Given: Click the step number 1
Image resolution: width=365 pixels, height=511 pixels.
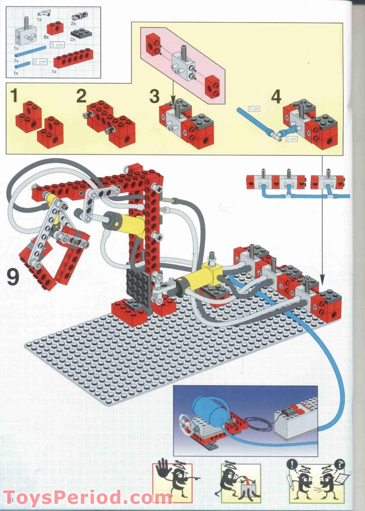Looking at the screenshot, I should click(x=14, y=96).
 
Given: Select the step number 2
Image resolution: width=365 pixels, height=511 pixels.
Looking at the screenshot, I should click(x=81, y=96).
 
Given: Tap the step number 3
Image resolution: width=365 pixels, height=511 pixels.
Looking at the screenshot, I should click(x=154, y=96).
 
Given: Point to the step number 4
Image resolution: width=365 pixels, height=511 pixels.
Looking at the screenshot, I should click(x=276, y=97).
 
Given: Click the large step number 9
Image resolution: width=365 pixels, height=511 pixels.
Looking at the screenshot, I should click(x=13, y=278).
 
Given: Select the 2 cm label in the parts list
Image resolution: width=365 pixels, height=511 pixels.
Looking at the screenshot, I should click(x=40, y=62).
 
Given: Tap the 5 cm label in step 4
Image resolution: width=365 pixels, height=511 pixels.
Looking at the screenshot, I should click(x=253, y=109).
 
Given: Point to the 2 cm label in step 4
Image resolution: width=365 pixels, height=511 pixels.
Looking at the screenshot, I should click(x=292, y=139).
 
